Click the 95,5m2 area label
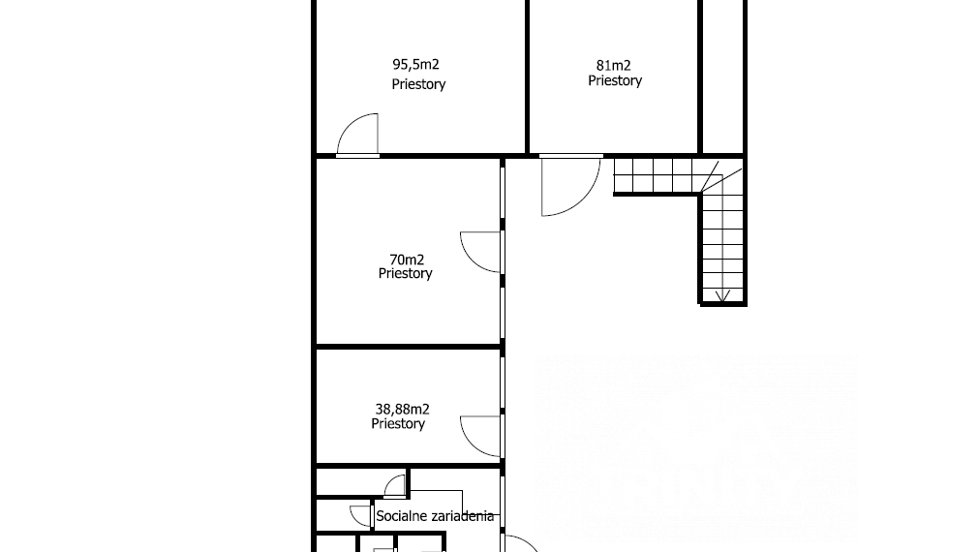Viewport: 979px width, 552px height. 415,64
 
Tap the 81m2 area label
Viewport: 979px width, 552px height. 614,66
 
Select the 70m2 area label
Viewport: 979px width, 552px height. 407,260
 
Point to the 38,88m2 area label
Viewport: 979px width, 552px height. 402,409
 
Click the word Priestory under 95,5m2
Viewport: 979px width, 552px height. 418,84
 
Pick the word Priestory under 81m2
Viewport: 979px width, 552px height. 615,80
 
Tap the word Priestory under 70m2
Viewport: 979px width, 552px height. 405,273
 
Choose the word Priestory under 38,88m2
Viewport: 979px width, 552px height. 398,424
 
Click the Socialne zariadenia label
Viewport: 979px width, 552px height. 435,516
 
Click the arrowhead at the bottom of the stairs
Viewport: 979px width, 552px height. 722,297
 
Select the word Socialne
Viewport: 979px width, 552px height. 400,516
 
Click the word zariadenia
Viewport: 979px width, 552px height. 460,516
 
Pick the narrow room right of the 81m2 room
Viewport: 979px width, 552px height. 722,77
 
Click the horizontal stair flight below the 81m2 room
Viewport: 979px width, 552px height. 657,175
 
